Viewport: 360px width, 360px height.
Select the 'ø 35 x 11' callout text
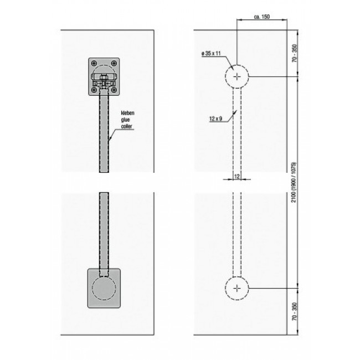pos(212,54)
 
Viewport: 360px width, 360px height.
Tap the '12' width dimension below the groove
pos(236,176)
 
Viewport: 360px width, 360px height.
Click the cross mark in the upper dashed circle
pos(237,77)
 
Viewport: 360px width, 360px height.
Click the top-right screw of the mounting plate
pos(115,63)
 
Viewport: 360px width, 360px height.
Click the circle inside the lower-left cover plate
pos(104,288)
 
